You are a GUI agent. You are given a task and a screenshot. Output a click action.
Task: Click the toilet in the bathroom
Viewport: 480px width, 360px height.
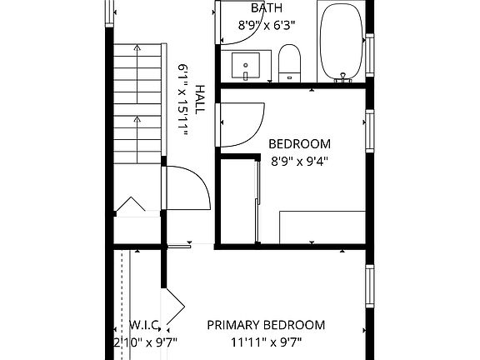290,63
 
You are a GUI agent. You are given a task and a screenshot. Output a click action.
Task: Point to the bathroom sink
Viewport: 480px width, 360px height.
247,65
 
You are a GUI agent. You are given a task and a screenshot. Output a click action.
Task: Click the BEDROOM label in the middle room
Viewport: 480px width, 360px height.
300,143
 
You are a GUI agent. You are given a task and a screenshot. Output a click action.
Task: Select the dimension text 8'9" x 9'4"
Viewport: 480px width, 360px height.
300,162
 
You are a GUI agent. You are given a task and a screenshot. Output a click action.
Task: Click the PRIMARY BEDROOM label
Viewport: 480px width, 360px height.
266,325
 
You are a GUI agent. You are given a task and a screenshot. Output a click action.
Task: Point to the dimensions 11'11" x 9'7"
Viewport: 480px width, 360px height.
266,342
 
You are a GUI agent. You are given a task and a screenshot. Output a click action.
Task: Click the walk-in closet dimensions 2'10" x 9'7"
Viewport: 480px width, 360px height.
146,342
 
